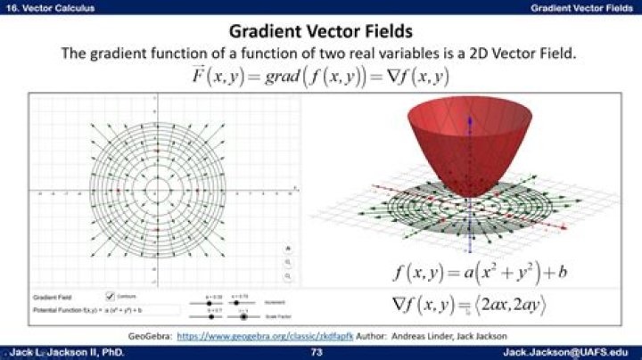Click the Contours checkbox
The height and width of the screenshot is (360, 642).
point(110,295)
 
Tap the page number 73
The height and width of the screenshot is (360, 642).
point(316,353)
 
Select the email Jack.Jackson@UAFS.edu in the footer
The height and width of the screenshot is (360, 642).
point(568,353)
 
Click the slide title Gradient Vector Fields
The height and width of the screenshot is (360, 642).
point(320,32)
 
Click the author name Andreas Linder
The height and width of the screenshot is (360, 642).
point(443,336)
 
